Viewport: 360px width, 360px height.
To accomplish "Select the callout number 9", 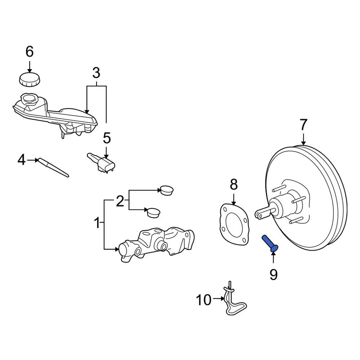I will [x=274, y=275].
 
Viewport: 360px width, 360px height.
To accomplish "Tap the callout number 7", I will [x=303, y=125].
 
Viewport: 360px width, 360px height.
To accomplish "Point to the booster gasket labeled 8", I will [x=234, y=223].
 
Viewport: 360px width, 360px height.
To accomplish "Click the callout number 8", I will [x=234, y=185].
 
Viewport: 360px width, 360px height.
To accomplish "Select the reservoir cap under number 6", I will [x=30, y=80].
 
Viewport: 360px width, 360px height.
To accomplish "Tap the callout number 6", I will [x=30, y=52].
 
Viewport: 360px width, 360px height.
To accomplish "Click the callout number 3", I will [x=96, y=73].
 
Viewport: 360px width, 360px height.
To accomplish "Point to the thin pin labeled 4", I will [x=54, y=167].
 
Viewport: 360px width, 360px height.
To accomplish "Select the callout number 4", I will [x=22, y=159].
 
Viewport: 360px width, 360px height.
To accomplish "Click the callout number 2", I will [x=120, y=201].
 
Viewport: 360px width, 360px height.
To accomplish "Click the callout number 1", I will [x=96, y=223].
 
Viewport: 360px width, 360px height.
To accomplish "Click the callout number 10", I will [x=203, y=299].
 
